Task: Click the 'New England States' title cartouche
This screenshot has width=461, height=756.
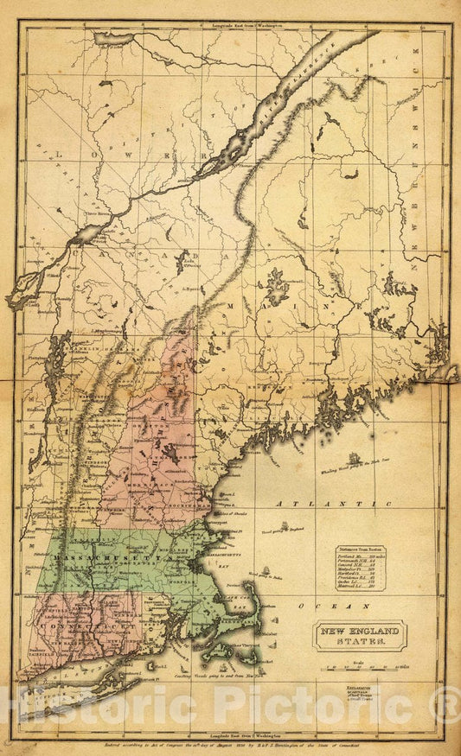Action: point(358,639)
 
